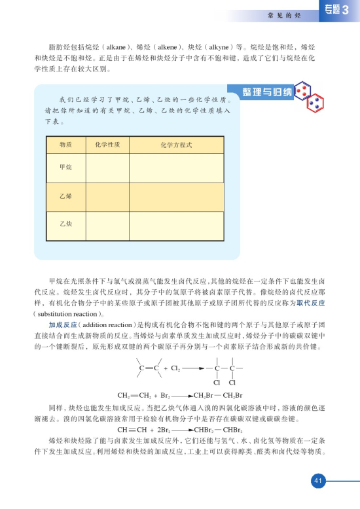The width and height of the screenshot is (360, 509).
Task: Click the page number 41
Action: pyautogui.click(x=317, y=482)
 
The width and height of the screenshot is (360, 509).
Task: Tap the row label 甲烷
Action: pyautogui.click(x=65, y=168)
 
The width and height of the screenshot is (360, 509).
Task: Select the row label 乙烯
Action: pyautogui.click(x=65, y=196)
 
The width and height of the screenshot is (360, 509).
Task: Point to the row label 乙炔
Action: pyautogui.click(x=65, y=224)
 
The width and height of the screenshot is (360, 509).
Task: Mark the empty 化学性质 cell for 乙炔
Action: pyautogui.click(x=107, y=224)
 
